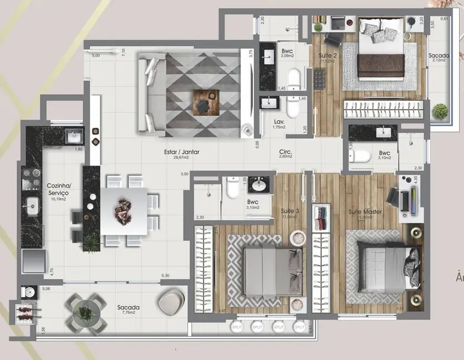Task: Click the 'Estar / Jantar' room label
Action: coord(186,152)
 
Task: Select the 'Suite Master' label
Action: coord(364,212)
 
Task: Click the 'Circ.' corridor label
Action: coord(286,151)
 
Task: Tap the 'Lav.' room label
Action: coord(271,121)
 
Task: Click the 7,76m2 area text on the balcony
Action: coord(128,314)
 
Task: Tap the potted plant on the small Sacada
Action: coord(441,112)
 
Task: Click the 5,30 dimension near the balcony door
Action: coord(165,276)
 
